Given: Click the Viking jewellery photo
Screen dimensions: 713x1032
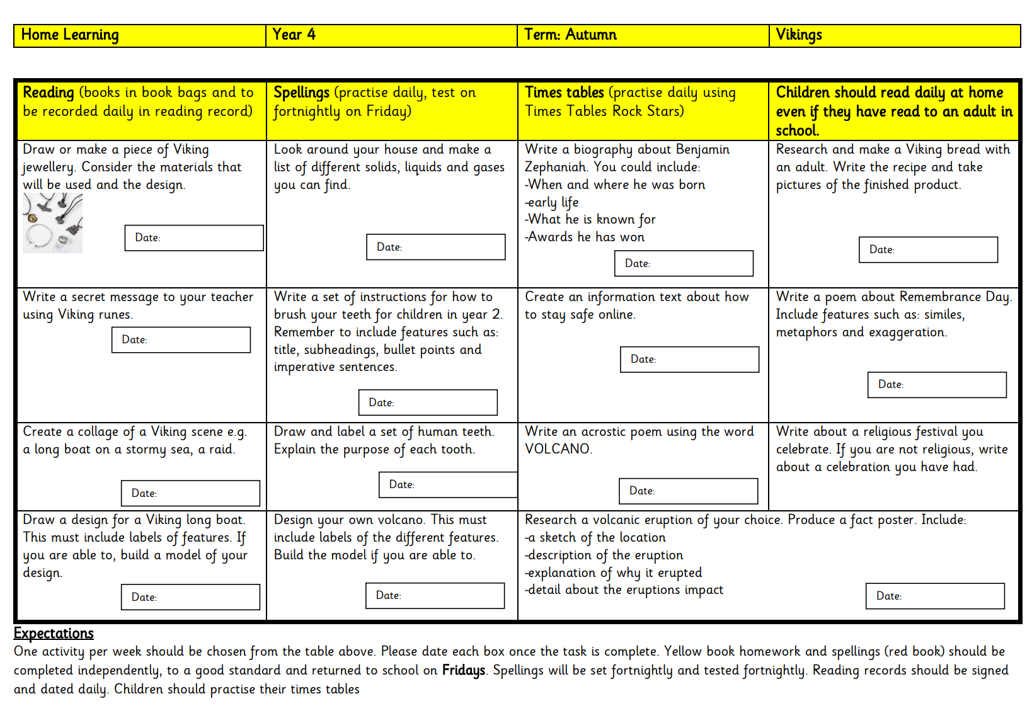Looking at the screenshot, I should point(52,223).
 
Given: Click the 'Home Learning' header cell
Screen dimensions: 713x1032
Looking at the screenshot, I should point(140,35).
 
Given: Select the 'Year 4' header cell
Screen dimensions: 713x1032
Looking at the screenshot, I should point(391,35).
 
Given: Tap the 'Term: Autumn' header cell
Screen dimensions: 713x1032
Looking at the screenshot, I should point(643,35).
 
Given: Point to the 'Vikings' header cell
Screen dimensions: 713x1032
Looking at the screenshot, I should point(894,35).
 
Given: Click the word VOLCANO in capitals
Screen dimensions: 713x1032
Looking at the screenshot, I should point(558,449).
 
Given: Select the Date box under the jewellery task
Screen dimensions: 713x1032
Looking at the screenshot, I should point(194,238).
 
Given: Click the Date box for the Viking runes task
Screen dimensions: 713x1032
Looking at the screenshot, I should point(181,340).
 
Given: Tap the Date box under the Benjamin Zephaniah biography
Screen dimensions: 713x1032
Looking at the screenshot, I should point(684,263).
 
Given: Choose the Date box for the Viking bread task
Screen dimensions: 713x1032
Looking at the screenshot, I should point(928,249).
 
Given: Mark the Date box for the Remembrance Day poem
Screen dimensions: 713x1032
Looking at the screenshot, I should point(937,385).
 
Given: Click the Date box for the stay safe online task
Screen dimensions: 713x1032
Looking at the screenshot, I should point(689,360).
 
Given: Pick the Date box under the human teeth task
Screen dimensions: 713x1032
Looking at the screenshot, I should point(448,485).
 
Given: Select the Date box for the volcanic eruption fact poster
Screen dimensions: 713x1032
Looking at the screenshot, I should point(935,596).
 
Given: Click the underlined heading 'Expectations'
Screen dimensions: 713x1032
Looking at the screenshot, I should point(54,634).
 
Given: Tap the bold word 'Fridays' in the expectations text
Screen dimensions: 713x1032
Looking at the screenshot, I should point(463,670).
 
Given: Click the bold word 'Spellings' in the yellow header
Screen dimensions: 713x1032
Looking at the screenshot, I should point(301,93).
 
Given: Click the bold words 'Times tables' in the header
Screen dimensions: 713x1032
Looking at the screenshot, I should point(565,93).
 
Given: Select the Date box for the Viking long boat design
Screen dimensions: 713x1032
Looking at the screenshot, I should point(190,597).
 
